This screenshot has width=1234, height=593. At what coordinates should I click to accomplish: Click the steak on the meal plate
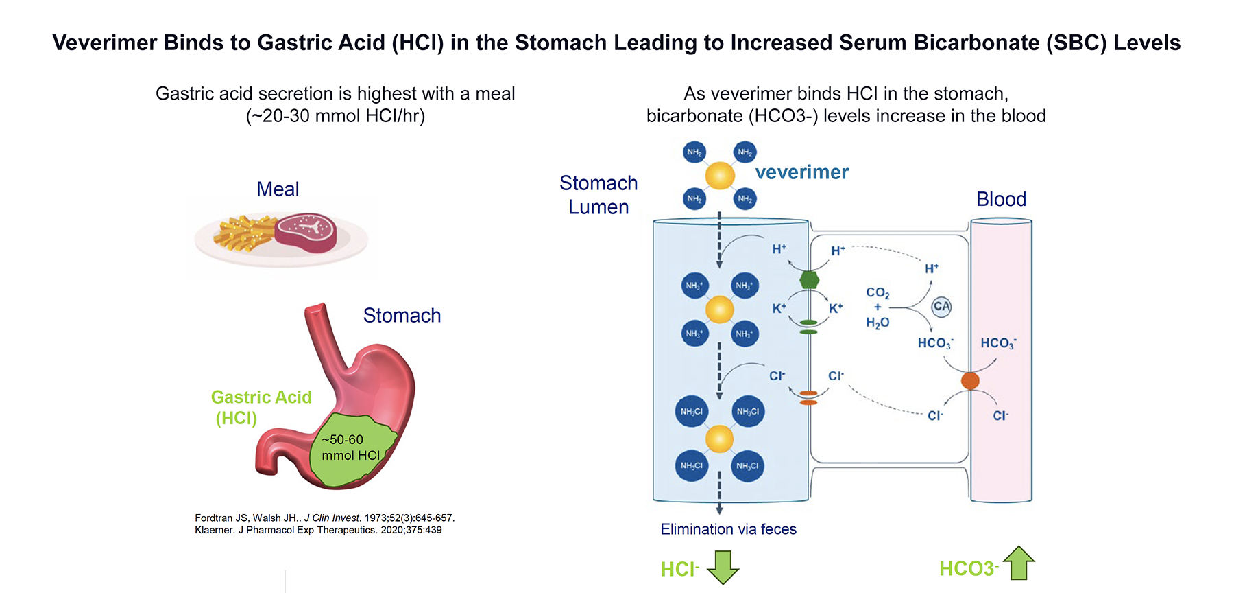click(306, 231)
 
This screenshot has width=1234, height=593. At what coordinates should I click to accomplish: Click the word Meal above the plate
click(278, 189)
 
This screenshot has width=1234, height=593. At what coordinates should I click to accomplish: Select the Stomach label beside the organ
click(402, 316)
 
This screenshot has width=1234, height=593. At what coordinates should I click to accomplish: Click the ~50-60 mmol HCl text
click(350, 447)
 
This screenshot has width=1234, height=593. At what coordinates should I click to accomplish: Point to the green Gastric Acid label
click(261, 397)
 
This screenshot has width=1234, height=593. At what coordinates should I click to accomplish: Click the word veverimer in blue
click(801, 172)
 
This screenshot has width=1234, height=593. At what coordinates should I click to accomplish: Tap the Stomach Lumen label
click(598, 195)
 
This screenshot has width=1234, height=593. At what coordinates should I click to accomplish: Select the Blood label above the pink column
click(1001, 200)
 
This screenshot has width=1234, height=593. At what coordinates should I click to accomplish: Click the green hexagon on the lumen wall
click(810, 280)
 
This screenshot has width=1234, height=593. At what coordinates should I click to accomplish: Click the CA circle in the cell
click(942, 307)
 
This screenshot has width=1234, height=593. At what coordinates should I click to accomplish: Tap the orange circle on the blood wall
click(970, 381)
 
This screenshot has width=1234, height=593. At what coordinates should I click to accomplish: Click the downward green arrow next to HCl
click(723, 567)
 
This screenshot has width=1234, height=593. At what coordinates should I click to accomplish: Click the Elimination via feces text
click(728, 529)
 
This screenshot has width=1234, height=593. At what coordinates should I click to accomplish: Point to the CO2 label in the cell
click(878, 293)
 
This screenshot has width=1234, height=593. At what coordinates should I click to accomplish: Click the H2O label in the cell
click(878, 323)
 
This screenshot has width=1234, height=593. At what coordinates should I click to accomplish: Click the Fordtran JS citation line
click(324, 518)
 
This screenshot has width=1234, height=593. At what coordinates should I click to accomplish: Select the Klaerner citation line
click(318, 530)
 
